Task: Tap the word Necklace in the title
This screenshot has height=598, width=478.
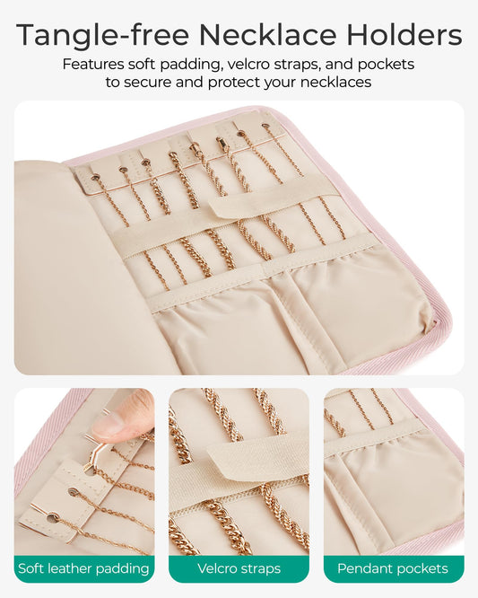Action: [261, 35]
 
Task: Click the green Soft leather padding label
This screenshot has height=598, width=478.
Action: [84, 568]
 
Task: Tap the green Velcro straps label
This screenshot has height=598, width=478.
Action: [239, 568]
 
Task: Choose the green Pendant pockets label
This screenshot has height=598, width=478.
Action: [393, 568]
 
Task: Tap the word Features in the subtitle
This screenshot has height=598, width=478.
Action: [94, 65]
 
